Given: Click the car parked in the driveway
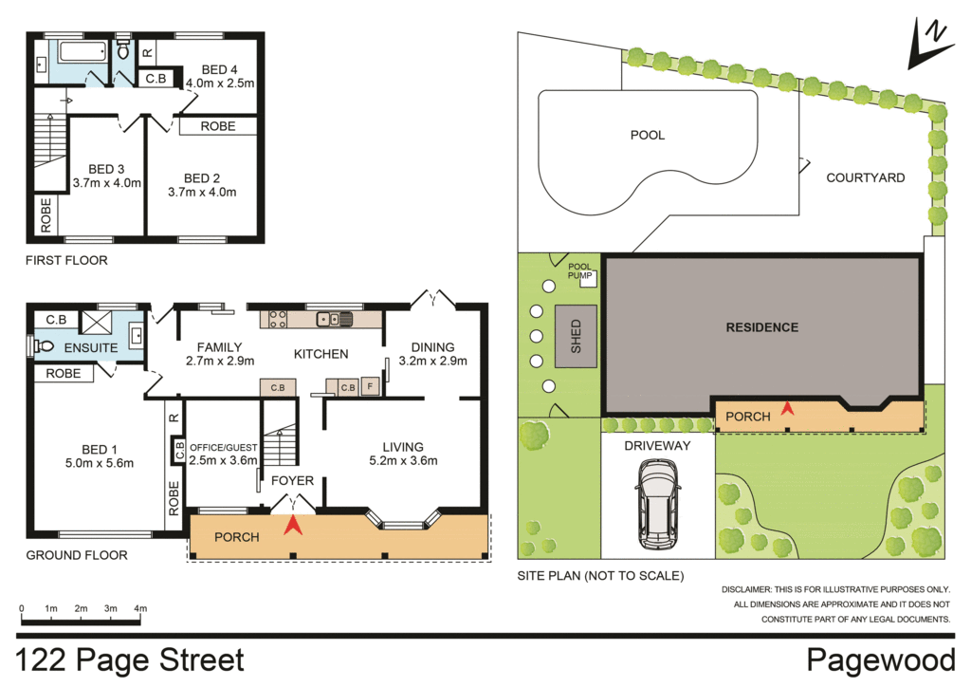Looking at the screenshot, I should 658,505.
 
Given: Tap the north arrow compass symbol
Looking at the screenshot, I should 929,44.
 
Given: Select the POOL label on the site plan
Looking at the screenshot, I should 648,135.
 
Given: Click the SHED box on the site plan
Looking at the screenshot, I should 576,337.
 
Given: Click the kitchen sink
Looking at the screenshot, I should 335,319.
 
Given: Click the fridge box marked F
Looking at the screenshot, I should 369,386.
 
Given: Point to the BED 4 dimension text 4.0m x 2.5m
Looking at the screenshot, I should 220,84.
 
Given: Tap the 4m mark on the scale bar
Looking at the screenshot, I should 140,608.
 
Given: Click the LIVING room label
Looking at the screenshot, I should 402,447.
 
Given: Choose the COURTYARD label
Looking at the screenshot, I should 865,177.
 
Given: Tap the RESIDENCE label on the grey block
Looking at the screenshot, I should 761,327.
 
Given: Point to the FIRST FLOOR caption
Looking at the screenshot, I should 66,260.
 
